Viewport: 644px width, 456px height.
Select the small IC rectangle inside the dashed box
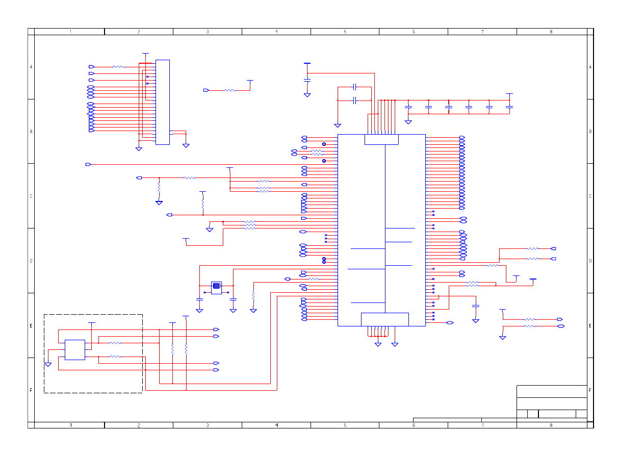[74, 350]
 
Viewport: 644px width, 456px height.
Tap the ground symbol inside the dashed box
[48, 364]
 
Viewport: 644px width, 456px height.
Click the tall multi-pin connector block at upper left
[162, 102]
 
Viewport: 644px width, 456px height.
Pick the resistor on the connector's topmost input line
[118, 67]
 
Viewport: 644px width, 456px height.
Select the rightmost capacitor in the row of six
[509, 107]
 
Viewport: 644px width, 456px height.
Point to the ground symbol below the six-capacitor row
[408, 121]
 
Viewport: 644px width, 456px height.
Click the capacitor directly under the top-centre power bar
[307, 80]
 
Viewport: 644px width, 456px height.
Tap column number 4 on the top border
[276, 32]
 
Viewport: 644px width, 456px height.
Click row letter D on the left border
[31, 261]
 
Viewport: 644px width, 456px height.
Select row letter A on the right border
[590, 67]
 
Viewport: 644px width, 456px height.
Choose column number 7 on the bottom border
[482, 425]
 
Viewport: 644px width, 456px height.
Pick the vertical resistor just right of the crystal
[253, 295]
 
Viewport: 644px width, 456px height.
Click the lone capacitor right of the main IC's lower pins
[476, 306]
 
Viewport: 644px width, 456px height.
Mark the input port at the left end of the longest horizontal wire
[88, 164]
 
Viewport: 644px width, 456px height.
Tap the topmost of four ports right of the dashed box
[216, 330]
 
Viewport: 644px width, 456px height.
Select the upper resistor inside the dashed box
[116, 343]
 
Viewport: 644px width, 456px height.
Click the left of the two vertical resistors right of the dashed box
[172, 350]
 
